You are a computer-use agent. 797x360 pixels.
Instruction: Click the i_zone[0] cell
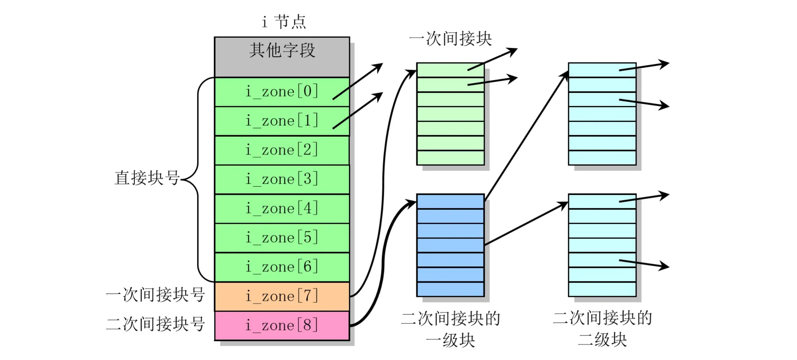[282, 92]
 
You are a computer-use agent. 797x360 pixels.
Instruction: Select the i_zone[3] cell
[282, 179]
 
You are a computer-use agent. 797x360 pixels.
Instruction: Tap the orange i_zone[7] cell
[282, 296]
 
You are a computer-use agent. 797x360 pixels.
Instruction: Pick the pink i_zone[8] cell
[282, 326]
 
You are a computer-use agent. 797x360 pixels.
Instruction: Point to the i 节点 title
[284, 22]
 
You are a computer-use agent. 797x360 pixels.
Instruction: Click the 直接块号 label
[147, 178]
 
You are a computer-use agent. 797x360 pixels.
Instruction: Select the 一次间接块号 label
[155, 295]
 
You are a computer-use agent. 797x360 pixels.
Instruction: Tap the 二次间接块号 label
[155, 324]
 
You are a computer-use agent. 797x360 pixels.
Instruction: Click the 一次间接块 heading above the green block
[450, 39]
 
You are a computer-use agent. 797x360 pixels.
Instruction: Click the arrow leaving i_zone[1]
[358, 111]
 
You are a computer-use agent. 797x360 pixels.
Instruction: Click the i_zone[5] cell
[282, 238]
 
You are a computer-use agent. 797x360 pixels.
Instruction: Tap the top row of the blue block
[450, 201]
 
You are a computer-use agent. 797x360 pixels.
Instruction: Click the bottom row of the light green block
[450, 158]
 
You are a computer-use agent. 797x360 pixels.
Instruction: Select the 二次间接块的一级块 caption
[450, 329]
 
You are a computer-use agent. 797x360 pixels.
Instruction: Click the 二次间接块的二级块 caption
[602, 329]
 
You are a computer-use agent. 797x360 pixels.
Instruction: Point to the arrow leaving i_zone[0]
[358, 81]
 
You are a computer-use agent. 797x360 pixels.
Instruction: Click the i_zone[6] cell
[282, 267]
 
